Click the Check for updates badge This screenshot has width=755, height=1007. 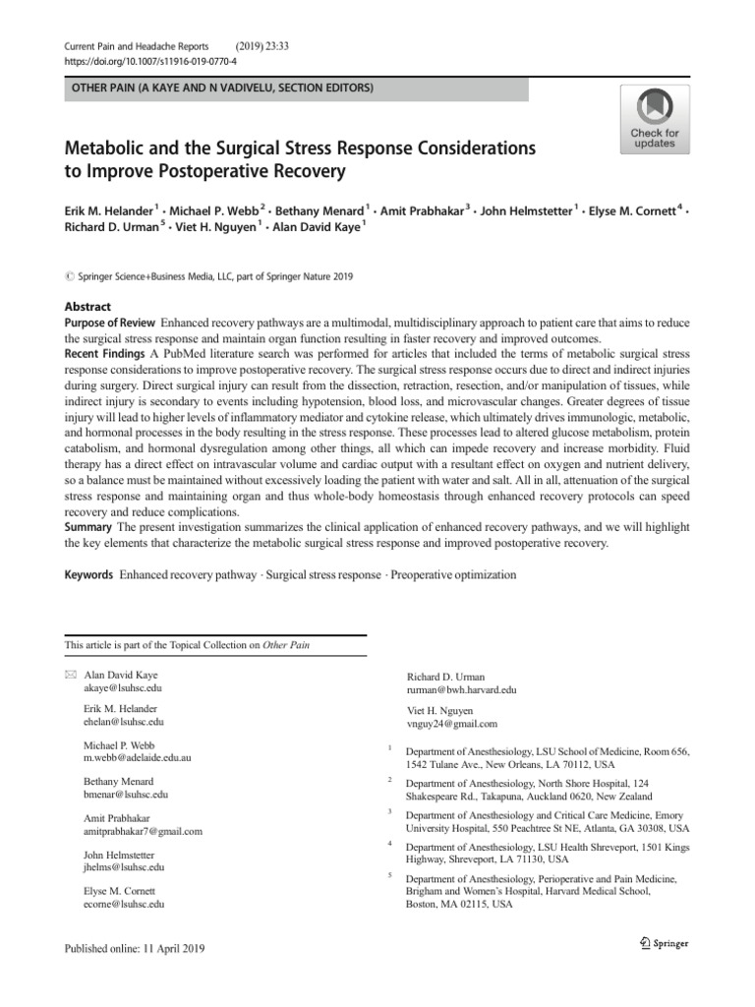pyautogui.click(x=654, y=119)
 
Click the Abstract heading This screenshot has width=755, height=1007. pyautogui.click(x=87, y=307)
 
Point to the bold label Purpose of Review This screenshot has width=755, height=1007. pyautogui.click(x=110, y=324)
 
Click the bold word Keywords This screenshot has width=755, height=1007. pyautogui.click(x=88, y=574)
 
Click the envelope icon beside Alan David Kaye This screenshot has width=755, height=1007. pyautogui.click(x=69, y=678)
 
